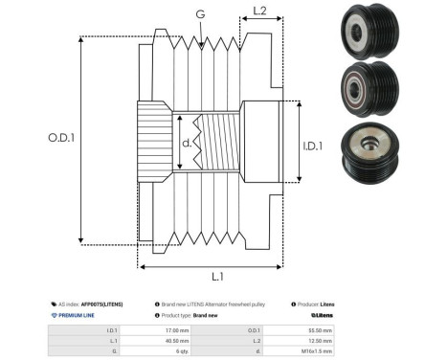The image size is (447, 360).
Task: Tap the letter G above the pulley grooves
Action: pos(199,14)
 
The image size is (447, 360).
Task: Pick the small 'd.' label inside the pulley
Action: pos(187,144)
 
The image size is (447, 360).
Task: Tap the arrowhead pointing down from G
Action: pos(199,44)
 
